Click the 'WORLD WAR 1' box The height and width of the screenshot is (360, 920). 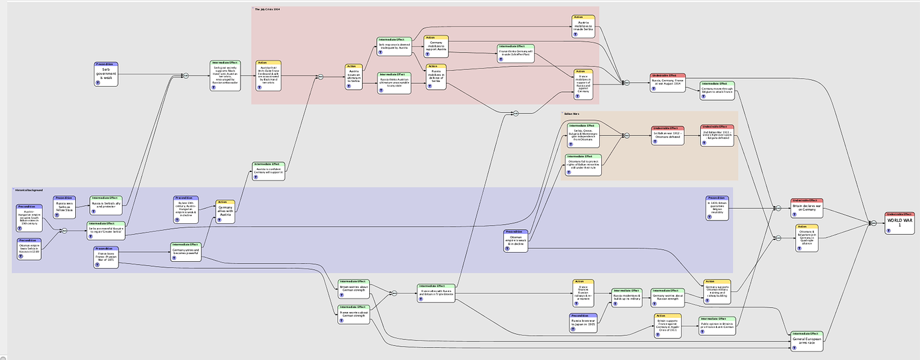click(899, 223)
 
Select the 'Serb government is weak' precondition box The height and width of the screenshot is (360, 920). click(106, 74)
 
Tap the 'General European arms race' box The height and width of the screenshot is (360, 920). click(807, 341)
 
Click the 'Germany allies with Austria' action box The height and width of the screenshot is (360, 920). click(224, 211)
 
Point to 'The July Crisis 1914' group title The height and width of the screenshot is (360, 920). click(272, 9)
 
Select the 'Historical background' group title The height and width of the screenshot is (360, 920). click(29, 190)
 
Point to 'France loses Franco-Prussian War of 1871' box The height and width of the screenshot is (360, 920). click(106, 257)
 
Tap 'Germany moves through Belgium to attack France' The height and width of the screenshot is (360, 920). click(717, 91)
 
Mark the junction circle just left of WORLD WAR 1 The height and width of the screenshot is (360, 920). click(872, 223)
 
